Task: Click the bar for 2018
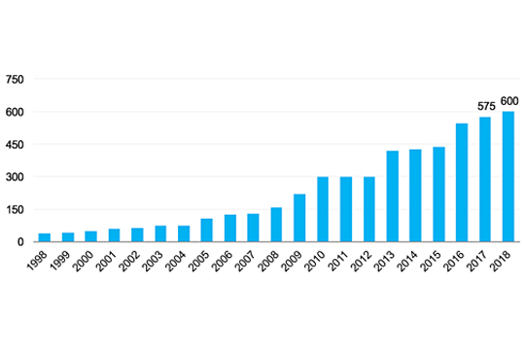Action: tap(507, 176)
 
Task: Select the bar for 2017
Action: tap(485, 179)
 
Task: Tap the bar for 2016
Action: tap(462, 182)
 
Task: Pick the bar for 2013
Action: tap(393, 197)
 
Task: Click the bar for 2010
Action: tap(323, 209)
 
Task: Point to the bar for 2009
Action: tap(299, 218)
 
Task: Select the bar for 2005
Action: tap(206, 230)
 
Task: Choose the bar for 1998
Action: tap(45, 237)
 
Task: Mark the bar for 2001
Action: tap(114, 234)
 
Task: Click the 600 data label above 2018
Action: tap(509, 101)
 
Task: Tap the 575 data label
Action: tap(486, 107)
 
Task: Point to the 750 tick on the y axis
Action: tap(15, 80)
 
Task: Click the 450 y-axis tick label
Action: tap(15, 145)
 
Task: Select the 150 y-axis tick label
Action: tap(15, 210)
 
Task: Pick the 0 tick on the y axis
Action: tap(20, 242)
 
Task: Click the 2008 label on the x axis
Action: tap(269, 261)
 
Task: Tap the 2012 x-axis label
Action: tap(362, 261)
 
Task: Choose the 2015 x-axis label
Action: tap(432, 261)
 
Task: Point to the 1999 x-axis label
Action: tap(60, 261)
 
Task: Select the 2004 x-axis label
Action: tap(176, 261)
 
